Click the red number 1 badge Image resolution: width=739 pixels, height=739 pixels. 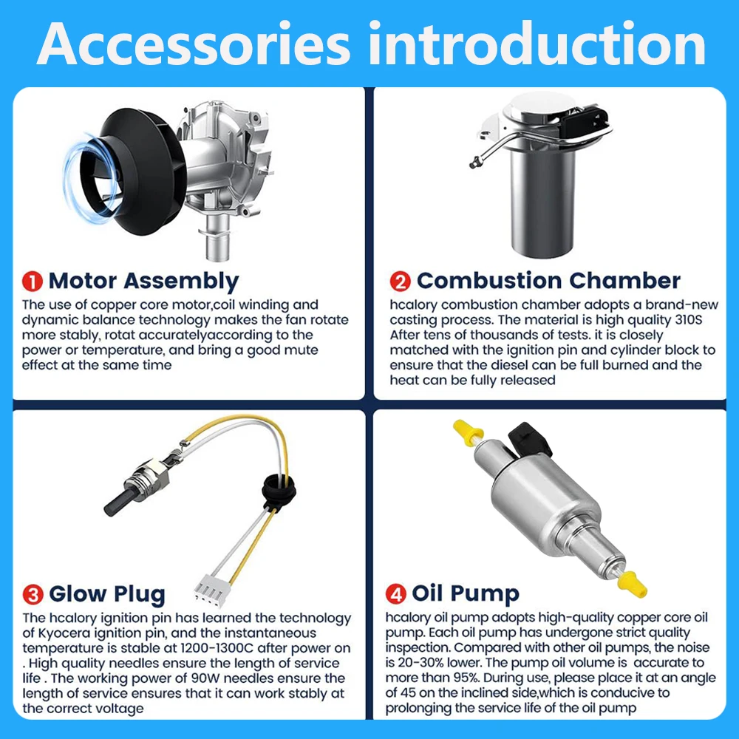(x=33, y=282)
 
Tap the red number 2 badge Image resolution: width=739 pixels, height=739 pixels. (x=400, y=282)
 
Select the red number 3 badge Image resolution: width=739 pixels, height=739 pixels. (x=33, y=594)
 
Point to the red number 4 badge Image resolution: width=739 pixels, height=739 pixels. (x=396, y=594)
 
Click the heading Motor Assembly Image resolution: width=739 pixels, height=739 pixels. (x=144, y=282)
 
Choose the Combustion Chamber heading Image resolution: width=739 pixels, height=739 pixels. (x=548, y=281)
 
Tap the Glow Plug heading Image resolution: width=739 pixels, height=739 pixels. (x=107, y=595)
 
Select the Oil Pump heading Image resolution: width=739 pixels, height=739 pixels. (x=466, y=594)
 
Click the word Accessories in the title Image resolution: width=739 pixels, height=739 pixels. (x=194, y=44)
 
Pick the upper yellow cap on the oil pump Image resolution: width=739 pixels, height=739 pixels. (x=468, y=432)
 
